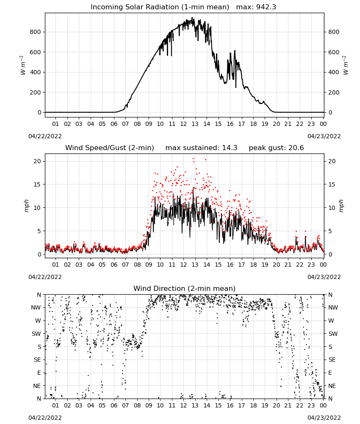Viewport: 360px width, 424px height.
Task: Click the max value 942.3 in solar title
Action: point(266,7)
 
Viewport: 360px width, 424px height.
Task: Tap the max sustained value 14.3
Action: point(230,148)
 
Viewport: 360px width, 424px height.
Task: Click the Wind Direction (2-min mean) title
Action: point(185,288)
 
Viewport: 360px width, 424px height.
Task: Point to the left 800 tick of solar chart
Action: point(36,32)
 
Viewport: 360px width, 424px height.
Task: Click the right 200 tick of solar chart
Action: point(334,92)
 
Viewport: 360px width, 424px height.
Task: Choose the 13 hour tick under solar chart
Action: point(195,124)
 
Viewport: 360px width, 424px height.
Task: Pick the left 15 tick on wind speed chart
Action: point(37,184)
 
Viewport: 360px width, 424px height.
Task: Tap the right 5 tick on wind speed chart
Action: point(330,231)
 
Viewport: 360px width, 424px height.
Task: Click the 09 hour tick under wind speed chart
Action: point(149,265)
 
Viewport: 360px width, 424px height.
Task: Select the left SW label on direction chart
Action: point(36,334)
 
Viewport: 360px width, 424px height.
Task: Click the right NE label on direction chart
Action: point(332,386)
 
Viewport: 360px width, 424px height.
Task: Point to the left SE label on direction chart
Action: point(37,360)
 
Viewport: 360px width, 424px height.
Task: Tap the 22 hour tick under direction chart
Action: point(299,405)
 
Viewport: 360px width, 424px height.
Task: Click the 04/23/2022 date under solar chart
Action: point(324,136)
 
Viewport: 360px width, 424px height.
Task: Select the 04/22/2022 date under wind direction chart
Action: point(45,418)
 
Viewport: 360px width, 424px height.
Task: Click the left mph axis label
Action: point(26,206)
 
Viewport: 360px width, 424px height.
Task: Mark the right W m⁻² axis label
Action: point(346,65)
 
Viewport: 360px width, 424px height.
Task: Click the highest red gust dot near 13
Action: point(194,159)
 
